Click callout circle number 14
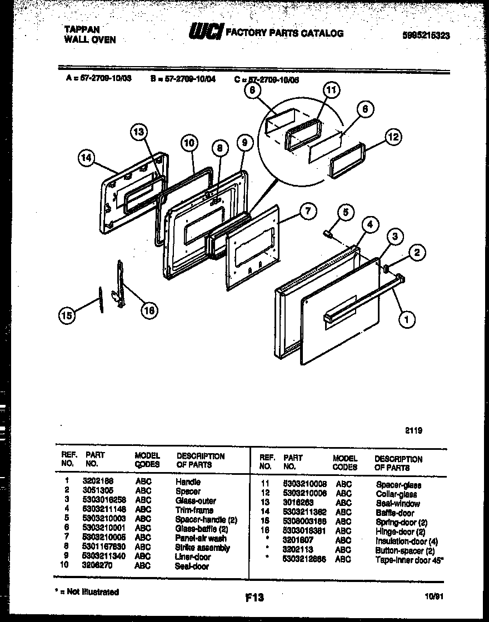coord(86,159)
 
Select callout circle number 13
coord(139,132)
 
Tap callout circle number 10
coord(189,143)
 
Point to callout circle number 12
coord(393,137)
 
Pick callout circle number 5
coord(345,212)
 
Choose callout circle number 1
coord(407,319)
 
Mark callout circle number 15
coord(66,315)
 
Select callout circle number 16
coord(148,310)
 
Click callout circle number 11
coord(331,91)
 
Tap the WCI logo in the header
coord(206,33)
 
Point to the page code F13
coord(253,598)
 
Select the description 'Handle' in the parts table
coord(188,482)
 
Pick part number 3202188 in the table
coord(98,482)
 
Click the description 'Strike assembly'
coord(202,548)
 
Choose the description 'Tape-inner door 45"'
coord(408,560)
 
